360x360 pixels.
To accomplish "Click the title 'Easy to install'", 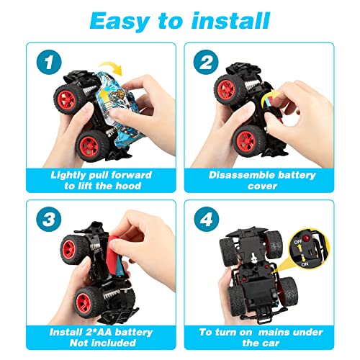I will tap(180, 19).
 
